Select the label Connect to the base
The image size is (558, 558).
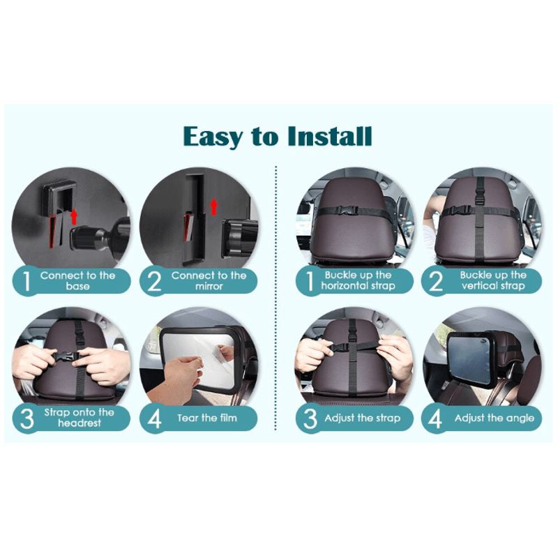77,280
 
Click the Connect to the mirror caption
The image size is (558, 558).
209,280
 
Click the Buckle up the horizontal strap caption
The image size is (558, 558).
358,280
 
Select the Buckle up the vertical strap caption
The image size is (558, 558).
493,280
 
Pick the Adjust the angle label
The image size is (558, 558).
494,418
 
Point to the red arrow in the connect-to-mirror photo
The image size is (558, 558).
214,206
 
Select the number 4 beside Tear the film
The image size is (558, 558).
155,418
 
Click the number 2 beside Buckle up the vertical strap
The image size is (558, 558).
437,280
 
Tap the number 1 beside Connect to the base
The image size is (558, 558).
27,281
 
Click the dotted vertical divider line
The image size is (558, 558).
278,300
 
